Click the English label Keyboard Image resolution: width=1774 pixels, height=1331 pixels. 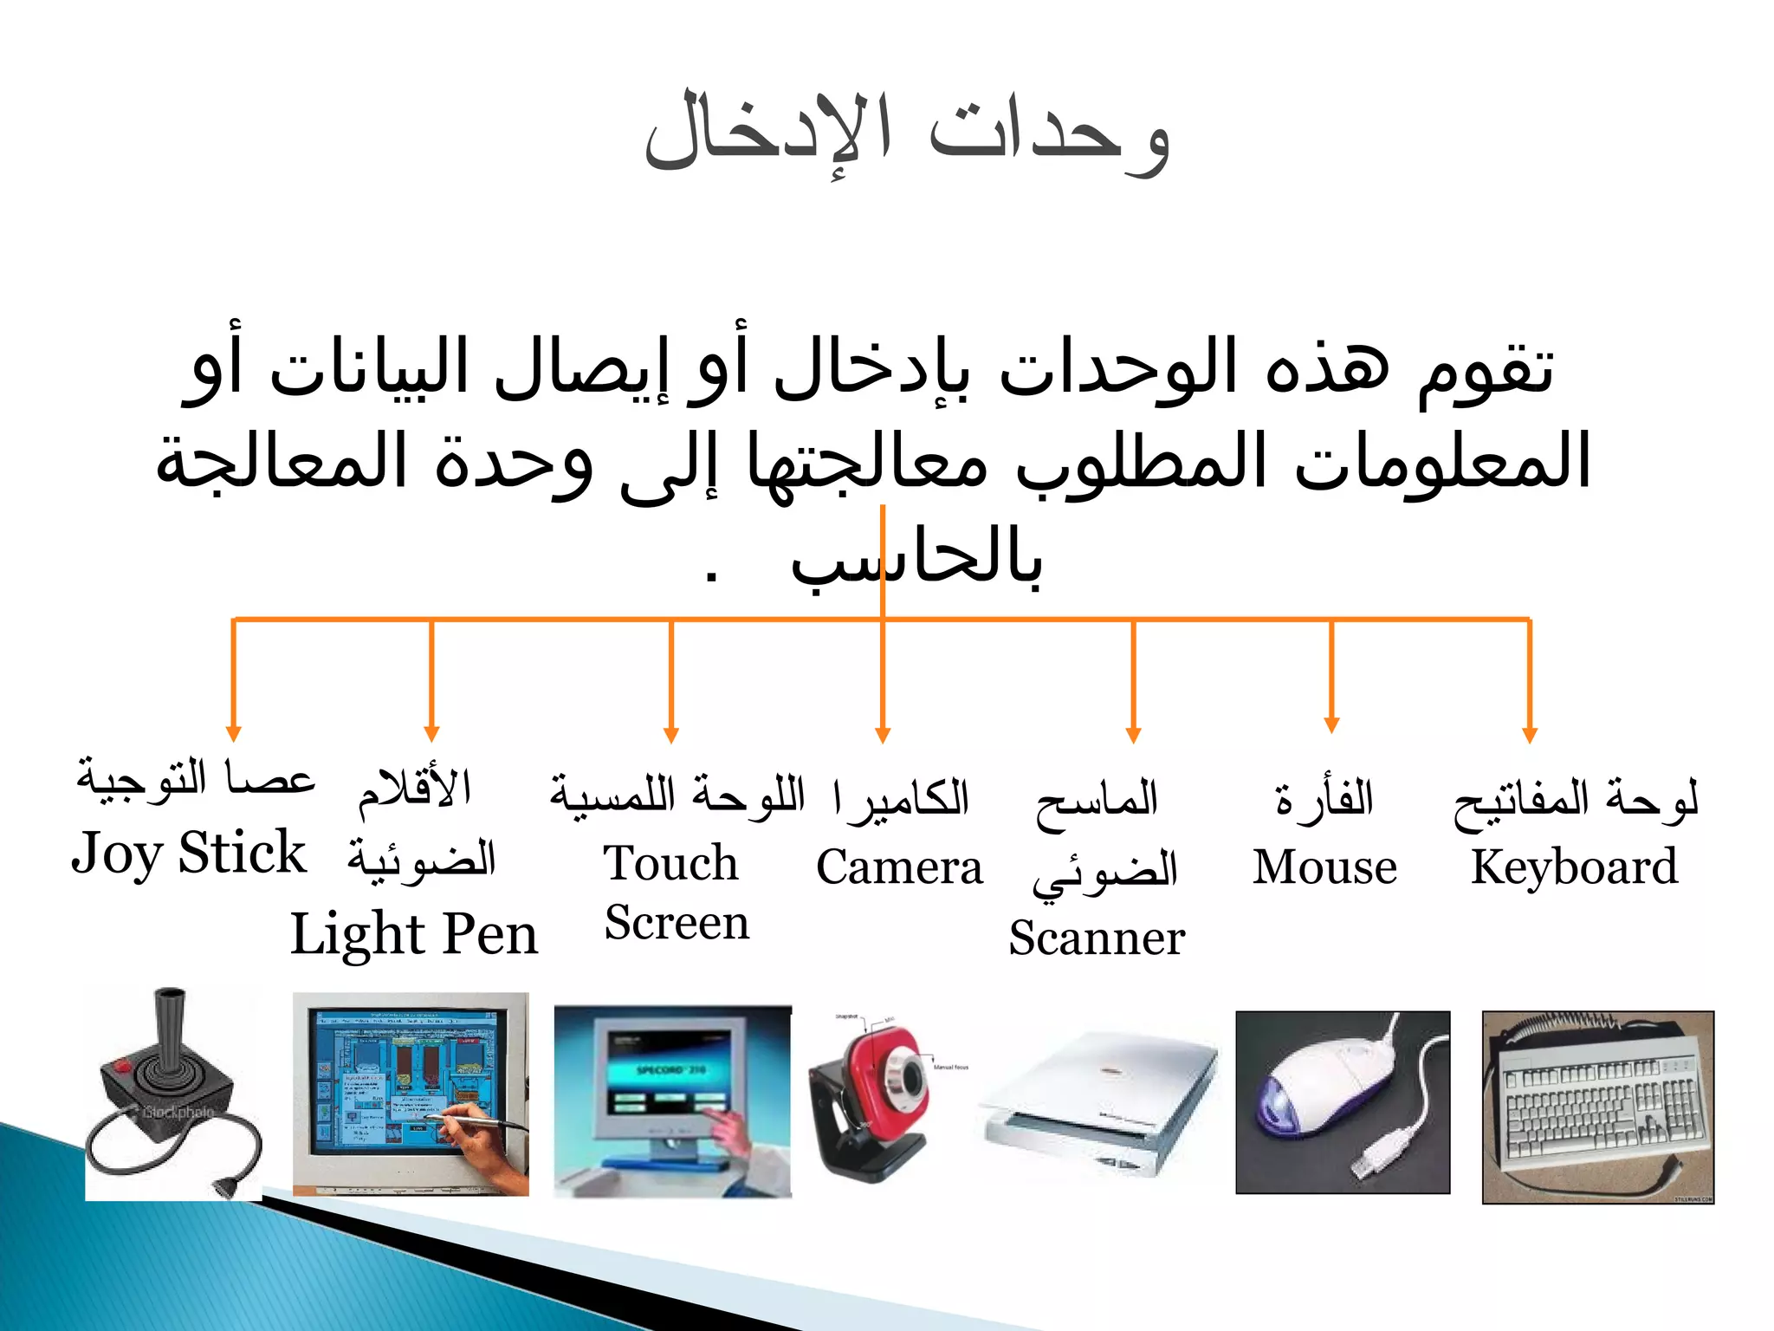pyautogui.click(x=1574, y=867)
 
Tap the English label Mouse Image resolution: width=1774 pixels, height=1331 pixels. pyautogui.click(x=1324, y=867)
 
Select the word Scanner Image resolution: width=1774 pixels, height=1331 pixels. pyautogui.click(x=1097, y=938)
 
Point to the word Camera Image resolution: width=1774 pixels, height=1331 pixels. pyautogui.click(x=899, y=867)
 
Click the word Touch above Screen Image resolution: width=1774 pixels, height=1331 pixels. pyautogui.click(x=670, y=863)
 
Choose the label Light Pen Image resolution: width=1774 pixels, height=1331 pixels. pyautogui.click(x=414, y=934)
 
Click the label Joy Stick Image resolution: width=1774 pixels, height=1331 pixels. pyautogui.click(x=188, y=854)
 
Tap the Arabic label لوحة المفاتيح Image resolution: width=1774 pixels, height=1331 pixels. pyautogui.click(x=1575, y=800)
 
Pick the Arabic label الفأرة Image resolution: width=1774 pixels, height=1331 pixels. pyautogui.click(x=1324, y=798)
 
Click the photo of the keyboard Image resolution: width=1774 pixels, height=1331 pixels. pyautogui.click(x=1598, y=1107)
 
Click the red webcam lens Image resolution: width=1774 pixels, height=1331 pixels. pyautogui.click(x=909, y=1077)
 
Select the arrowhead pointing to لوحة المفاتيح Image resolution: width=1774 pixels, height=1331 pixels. pyautogui.click(x=1530, y=736)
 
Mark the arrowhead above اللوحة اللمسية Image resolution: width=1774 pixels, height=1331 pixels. pyautogui.click(x=670, y=736)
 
